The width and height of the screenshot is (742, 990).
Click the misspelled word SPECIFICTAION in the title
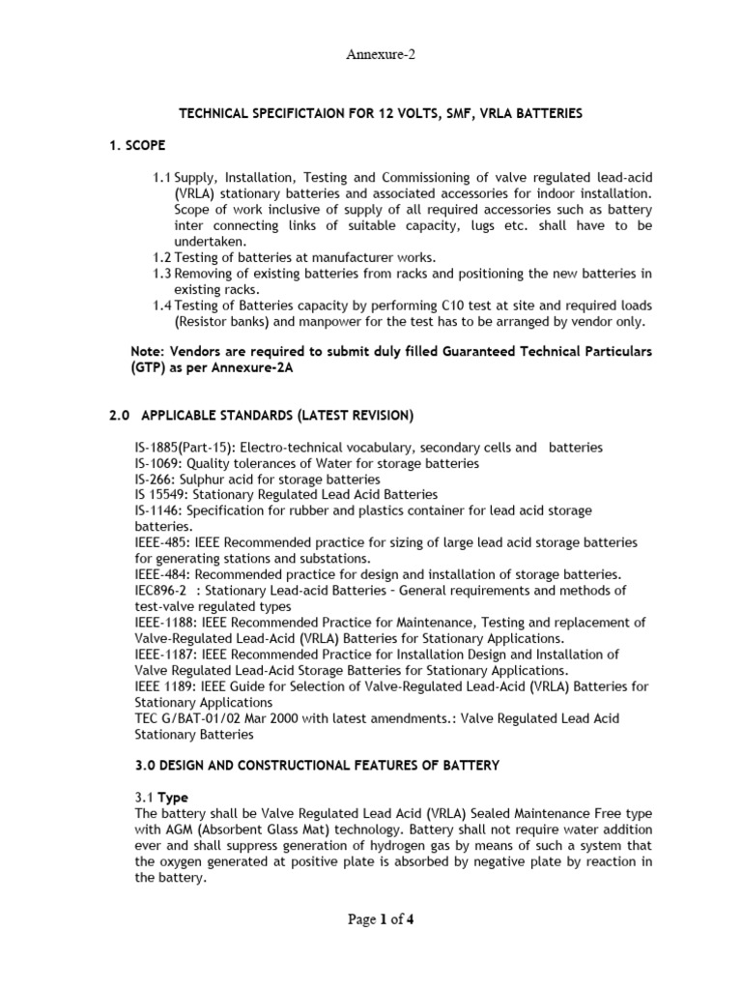tap(286, 113)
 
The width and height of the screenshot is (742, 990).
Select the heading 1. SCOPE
tap(135, 145)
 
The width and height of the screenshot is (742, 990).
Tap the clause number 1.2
tap(161, 257)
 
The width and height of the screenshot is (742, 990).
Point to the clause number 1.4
tap(161, 306)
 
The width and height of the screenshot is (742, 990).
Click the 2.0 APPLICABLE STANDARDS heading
tap(260, 416)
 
